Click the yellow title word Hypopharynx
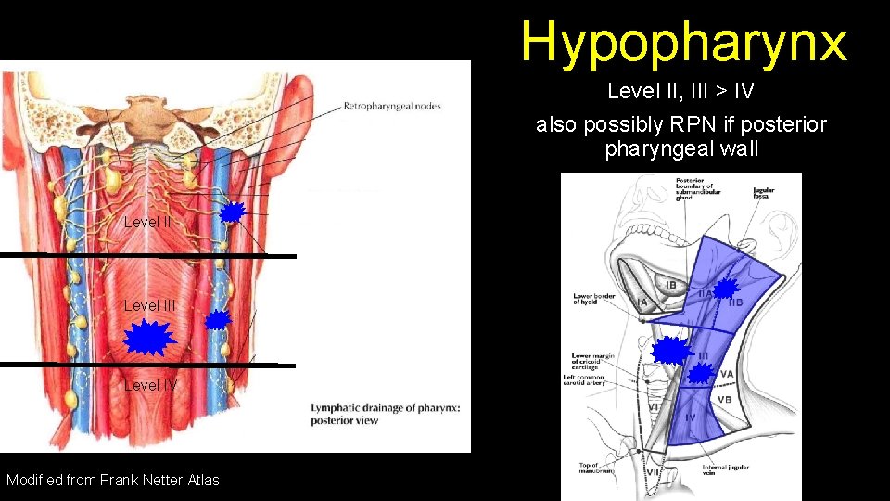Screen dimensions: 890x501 coord(683,42)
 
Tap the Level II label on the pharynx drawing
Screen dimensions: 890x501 coord(147,222)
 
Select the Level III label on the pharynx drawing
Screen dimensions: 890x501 coord(149,305)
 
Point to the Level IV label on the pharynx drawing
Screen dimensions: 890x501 coord(151,385)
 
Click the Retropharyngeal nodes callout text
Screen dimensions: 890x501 coord(392,106)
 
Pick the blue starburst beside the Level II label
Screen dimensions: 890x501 coord(232,212)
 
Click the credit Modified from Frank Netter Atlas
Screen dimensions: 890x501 coord(113,480)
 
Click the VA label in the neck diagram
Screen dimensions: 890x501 coord(728,373)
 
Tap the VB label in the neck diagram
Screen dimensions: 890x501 coord(724,400)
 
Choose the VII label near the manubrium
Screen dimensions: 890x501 coord(653,471)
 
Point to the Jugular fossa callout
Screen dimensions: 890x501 coord(766,194)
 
